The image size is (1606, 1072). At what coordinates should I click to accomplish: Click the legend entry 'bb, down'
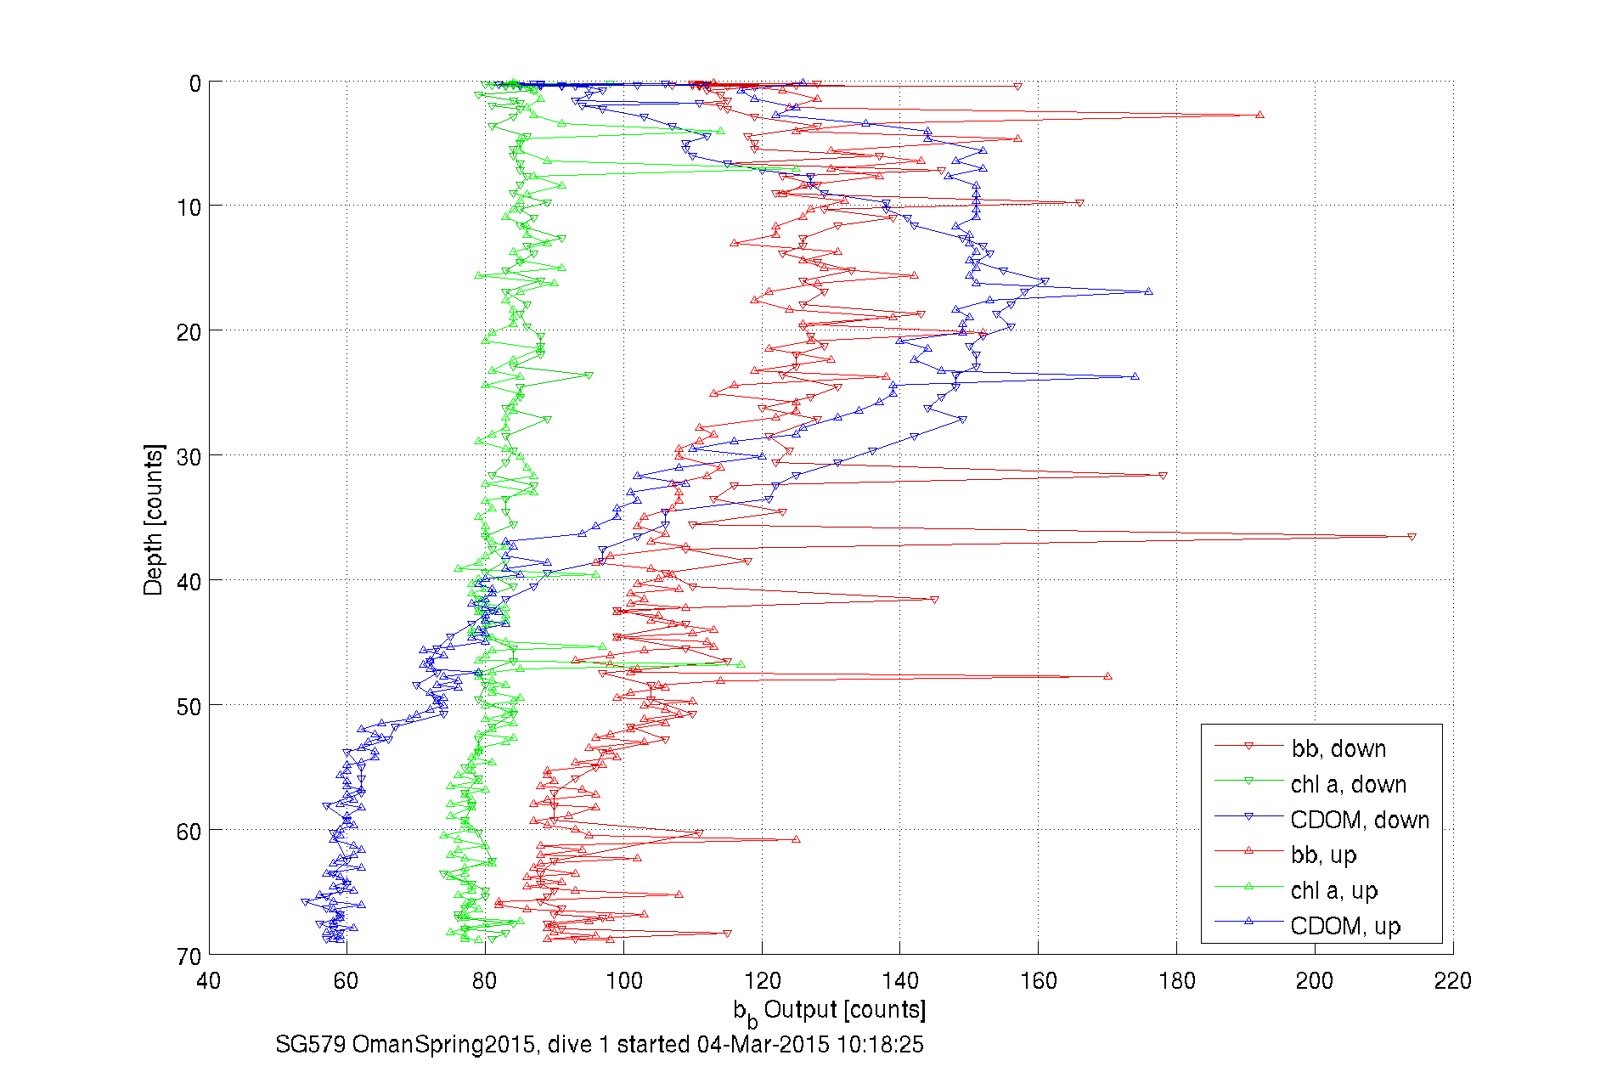click(1338, 748)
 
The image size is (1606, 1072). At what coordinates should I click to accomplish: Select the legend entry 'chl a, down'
click(1348, 784)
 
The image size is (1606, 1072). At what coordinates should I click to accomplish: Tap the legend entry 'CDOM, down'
click(1359, 820)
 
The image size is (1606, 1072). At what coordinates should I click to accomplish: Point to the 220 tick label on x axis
click(1452, 981)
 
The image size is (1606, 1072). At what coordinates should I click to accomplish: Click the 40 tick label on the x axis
click(209, 981)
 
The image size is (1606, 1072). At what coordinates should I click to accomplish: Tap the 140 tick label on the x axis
click(899, 981)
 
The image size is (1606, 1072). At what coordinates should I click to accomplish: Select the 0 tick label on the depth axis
click(195, 83)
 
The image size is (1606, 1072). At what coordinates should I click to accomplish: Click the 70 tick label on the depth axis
click(189, 956)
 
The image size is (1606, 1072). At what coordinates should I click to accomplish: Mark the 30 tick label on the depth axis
click(189, 457)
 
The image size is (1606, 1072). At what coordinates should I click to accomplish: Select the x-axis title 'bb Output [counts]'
click(830, 1011)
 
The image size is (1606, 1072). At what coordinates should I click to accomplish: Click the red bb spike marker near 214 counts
click(1412, 537)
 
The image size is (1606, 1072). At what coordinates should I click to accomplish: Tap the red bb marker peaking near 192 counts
click(1259, 115)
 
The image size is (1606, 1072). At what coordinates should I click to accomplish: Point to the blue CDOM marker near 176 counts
click(1148, 291)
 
